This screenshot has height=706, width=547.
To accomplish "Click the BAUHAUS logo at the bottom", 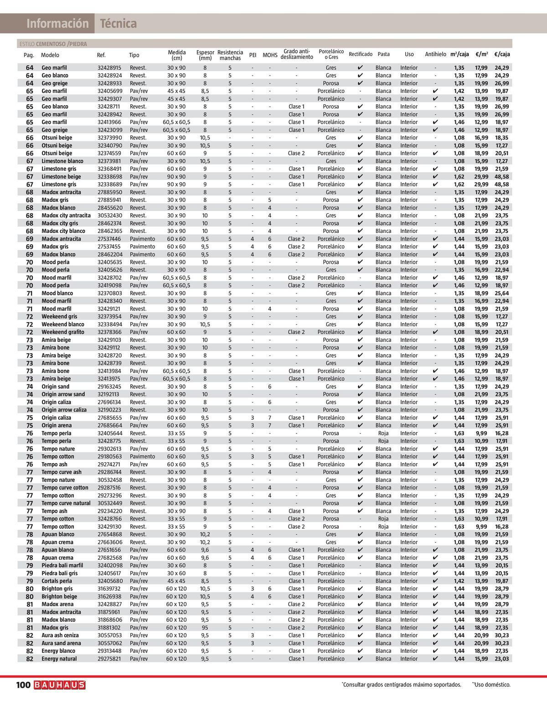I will click(x=59, y=685).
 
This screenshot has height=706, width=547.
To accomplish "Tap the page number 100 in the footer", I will click(x=23, y=685).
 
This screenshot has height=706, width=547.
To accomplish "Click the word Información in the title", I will click(x=57, y=24).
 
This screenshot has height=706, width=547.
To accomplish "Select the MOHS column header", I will click(x=270, y=55).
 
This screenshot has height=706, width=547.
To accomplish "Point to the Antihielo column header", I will click(x=435, y=54).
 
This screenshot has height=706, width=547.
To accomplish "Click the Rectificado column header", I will click(x=360, y=54).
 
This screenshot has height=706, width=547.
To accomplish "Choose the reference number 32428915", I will click(x=109, y=68).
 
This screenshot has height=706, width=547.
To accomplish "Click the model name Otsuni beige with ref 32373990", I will click(x=57, y=138).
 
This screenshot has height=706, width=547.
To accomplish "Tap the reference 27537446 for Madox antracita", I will click(x=109, y=239).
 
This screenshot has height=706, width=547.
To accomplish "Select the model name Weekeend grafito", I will click(x=63, y=332).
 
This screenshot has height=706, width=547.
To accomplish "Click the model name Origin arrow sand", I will click(x=63, y=394).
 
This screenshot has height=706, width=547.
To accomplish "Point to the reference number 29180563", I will click(x=109, y=457).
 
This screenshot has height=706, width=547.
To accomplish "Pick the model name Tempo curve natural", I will click(x=66, y=503).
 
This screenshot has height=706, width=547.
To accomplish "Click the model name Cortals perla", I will click(x=57, y=581).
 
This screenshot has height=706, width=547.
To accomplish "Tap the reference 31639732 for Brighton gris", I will click(x=109, y=589).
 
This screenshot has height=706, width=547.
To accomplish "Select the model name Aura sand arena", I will click(x=61, y=643).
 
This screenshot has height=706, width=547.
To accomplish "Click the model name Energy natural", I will click(x=59, y=659).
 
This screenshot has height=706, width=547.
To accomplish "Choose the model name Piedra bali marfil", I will click(x=62, y=566).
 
